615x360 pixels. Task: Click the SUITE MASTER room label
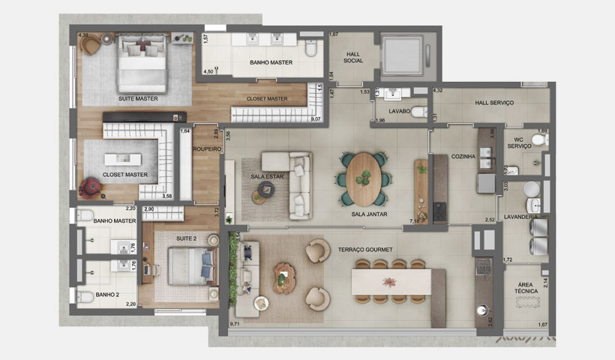point(138,98)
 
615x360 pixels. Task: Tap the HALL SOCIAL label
point(353,57)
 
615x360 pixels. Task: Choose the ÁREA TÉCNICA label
point(526,289)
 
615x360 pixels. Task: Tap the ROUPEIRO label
point(206,149)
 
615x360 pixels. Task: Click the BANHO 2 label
point(108,295)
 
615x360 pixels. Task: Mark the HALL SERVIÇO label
point(494,103)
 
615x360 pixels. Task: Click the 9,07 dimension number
point(316,118)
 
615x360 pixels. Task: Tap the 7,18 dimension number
point(413,221)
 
